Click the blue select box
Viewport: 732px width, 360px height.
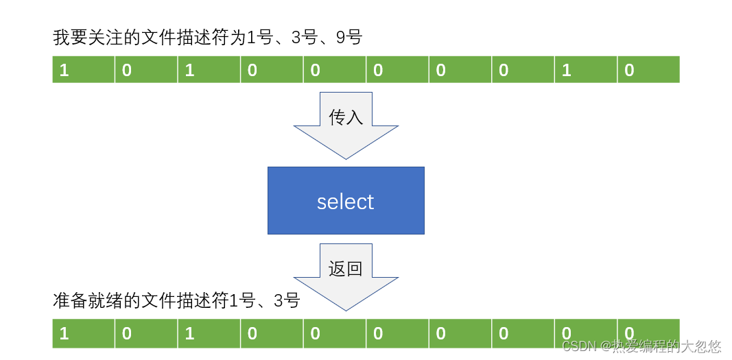coord(346,200)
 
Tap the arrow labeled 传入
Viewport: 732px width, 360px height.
coord(346,130)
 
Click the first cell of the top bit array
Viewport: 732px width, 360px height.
coord(83,69)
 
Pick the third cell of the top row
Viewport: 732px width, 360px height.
coord(209,69)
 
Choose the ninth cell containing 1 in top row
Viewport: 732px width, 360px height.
coord(585,69)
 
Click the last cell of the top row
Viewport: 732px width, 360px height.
coord(648,69)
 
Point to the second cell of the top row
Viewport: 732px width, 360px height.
coord(145,69)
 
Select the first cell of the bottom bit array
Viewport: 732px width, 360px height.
coord(83,333)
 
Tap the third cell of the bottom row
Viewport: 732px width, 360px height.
coord(209,333)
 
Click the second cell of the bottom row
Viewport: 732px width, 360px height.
coord(145,333)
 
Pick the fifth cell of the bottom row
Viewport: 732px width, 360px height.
coord(334,333)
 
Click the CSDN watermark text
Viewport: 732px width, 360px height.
coord(641,346)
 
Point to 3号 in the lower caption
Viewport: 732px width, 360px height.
coord(287,300)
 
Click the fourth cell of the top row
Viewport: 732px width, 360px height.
coord(271,69)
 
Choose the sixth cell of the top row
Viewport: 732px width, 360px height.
coord(397,69)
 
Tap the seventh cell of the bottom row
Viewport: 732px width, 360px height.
coord(460,333)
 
